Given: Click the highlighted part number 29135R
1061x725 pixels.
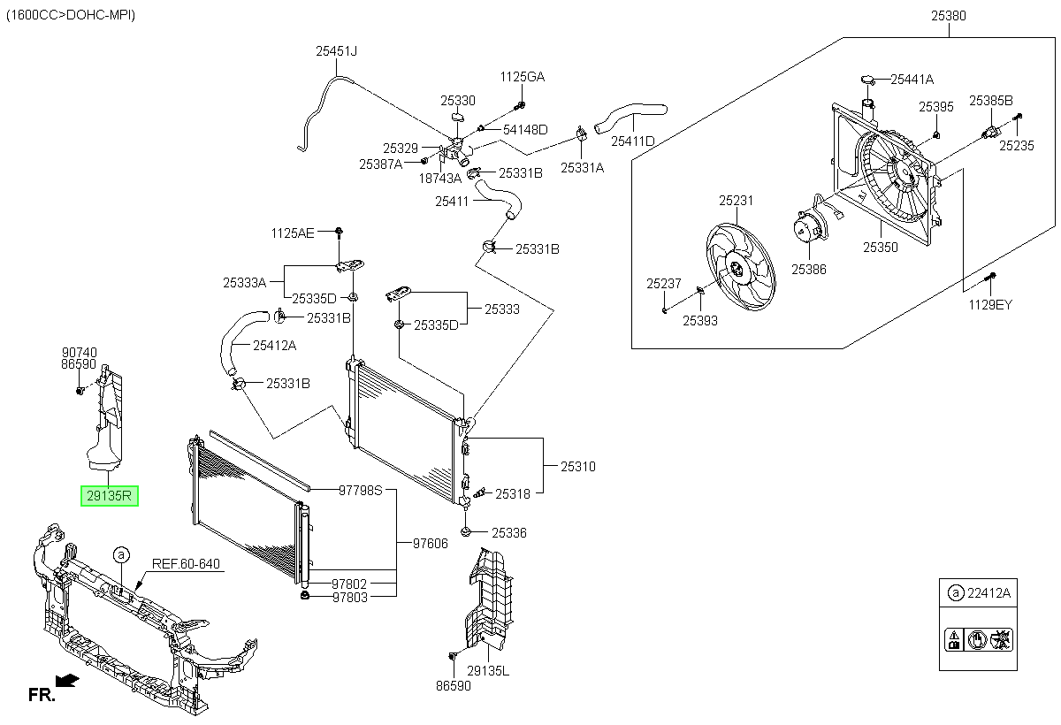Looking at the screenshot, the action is tap(109, 496).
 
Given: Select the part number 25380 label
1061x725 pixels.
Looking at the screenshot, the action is tap(948, 16).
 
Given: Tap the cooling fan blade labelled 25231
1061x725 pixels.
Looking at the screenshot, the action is tap(740, 267).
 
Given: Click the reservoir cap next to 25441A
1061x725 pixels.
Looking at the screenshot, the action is tap(868, 79).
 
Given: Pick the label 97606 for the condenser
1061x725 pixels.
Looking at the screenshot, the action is tap(430, 543).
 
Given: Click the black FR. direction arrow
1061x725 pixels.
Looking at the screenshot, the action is tap(67, 681).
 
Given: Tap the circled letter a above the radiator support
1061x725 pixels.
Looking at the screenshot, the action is tap(121, 555).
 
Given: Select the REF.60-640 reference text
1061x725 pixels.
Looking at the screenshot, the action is tap(186, 563).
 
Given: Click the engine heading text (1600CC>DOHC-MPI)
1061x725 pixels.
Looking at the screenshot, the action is tap(71, 15).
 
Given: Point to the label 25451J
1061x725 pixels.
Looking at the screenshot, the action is tap(336, 50).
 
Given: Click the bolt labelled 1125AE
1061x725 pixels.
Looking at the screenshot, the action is tap(340, 232).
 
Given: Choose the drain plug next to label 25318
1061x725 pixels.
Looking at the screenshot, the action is tap(480, 492).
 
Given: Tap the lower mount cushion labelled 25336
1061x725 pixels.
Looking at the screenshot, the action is tap(466, 531).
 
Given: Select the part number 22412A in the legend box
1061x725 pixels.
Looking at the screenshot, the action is tap(989, 593).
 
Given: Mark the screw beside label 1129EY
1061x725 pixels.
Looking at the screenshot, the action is tap(990, 277).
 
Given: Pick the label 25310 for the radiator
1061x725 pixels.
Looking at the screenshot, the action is tap(578, 467).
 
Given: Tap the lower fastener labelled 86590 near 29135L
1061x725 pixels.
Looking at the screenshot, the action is tap(453, 656).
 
